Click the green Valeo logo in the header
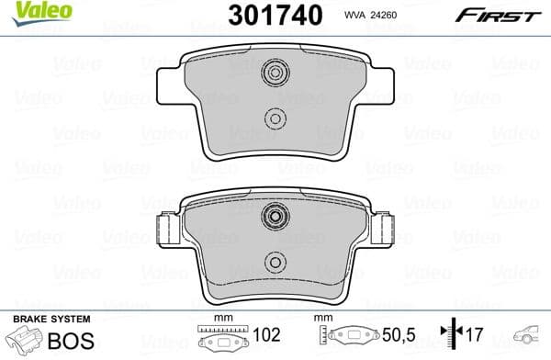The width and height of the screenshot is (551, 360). pos(28,11)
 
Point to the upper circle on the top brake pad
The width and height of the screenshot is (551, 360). pos(274,73)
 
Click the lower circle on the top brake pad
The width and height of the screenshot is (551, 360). pos(274,117)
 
